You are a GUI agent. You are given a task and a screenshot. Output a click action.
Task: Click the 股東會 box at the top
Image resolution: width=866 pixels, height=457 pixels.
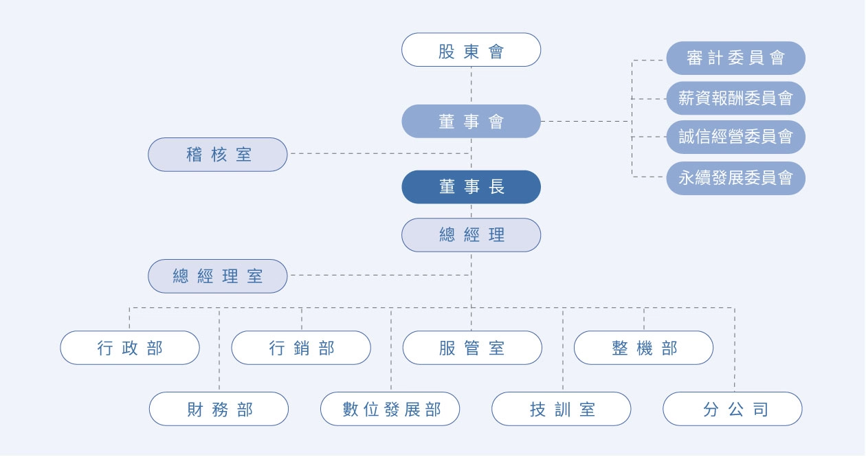coord(471,50)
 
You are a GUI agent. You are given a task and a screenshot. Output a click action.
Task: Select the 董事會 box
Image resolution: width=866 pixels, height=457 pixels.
coord(471,122)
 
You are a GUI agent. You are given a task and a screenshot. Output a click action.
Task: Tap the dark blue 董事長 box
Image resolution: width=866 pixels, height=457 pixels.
coord(471,187)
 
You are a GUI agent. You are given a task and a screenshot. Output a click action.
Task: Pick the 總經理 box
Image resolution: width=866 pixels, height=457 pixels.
coord(471,235)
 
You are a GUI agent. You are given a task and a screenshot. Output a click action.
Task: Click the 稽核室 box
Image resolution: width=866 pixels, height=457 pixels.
coord(218,155)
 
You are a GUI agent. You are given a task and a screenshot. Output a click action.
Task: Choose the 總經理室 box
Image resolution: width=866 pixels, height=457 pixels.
coord(218,276)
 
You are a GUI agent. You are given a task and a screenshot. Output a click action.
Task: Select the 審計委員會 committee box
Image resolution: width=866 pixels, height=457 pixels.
coord(735,58)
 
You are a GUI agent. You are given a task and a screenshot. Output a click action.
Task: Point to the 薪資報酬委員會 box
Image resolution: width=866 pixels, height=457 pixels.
coord(735,98)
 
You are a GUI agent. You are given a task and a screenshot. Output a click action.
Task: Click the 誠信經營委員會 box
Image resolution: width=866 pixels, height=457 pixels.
coord(735,137)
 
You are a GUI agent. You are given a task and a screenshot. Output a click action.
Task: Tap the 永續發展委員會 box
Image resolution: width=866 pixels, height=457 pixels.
coord(735,178)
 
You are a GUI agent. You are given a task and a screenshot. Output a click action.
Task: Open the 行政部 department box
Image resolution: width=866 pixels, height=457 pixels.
coord(130,348)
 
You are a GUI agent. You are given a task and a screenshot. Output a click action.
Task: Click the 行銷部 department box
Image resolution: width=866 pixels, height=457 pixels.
coord(301,348)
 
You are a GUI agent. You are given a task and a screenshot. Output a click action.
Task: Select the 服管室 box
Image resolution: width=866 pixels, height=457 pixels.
coord(471,348)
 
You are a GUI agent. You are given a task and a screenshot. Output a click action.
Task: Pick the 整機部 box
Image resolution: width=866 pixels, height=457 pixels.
coord(643,348)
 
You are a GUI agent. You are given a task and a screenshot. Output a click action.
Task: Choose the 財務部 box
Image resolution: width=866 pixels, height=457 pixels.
coord(219,410)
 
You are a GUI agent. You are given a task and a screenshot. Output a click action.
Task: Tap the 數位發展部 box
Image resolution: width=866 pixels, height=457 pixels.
coord(390,410)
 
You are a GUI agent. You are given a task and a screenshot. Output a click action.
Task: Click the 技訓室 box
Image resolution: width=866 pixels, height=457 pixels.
coord(562,410)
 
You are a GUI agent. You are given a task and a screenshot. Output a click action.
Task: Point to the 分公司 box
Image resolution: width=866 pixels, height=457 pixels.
coord(733,410)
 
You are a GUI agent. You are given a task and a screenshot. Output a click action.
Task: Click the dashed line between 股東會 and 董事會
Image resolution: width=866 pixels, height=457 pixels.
coord(471,85)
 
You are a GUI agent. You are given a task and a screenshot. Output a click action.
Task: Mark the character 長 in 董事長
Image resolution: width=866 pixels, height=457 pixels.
coord(497,187)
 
